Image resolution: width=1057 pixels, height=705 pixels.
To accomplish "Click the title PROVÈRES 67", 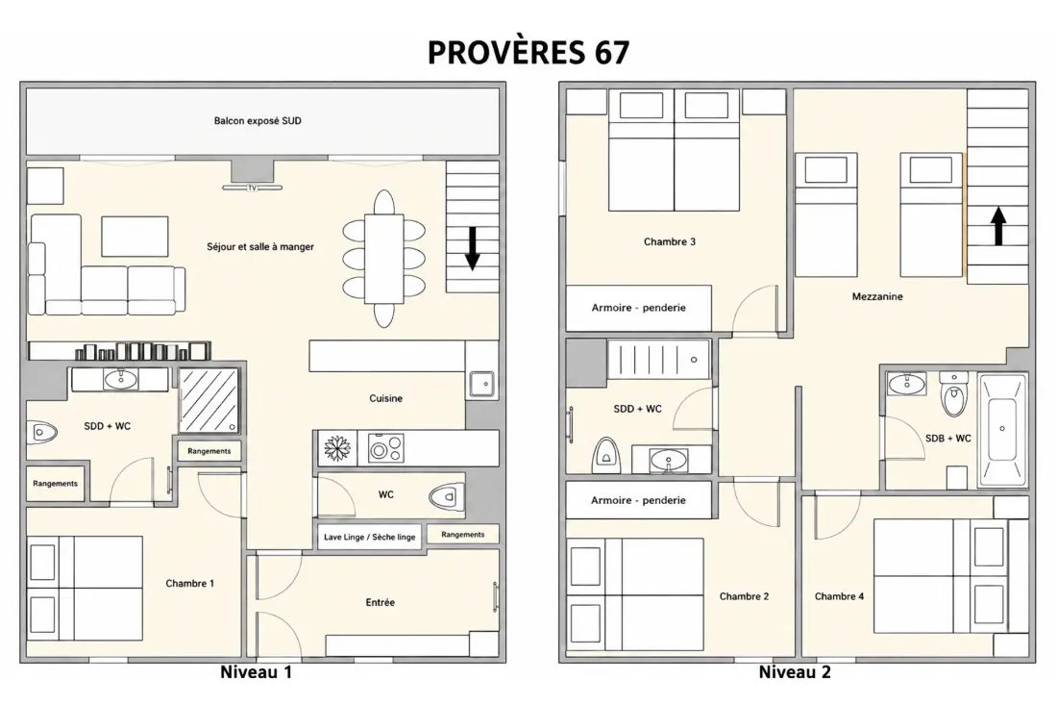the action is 528,53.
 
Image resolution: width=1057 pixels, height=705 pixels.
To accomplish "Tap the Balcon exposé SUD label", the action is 258,121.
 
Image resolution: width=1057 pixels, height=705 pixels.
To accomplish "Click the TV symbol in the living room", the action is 252,188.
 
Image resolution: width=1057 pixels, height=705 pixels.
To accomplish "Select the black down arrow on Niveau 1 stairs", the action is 473,248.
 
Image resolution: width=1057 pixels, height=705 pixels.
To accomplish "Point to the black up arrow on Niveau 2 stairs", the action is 998,226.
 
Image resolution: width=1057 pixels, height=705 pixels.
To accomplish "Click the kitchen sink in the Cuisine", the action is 482,384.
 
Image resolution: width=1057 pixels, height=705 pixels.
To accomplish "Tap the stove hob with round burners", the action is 385,448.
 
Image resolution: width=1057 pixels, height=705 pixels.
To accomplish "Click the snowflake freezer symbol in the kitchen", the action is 335,448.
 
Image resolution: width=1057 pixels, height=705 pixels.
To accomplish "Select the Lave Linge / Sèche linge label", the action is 369,537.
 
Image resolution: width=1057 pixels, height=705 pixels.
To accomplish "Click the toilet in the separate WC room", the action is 447,497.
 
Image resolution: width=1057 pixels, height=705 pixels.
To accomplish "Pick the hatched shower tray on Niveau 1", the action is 209,400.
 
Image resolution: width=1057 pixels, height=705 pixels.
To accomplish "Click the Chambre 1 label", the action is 189,584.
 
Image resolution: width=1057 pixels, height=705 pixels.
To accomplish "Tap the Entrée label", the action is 381,602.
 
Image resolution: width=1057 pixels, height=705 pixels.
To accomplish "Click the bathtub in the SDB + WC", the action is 1002,429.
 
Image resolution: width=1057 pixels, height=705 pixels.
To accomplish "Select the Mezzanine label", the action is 877,296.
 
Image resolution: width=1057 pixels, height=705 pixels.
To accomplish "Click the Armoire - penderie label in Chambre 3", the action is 638,308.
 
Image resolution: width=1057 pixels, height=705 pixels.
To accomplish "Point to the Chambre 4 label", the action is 839,596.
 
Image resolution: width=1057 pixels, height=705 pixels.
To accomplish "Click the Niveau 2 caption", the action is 795,672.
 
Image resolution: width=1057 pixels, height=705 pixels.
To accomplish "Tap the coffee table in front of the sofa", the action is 135,237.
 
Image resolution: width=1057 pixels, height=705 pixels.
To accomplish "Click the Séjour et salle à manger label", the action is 260,247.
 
